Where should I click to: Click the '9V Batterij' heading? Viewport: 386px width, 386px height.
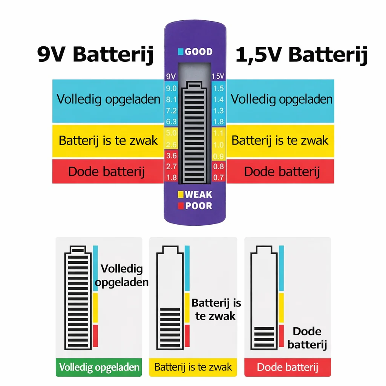[x=95, y=55]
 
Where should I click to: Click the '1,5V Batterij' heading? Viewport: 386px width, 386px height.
[x=302, y=55]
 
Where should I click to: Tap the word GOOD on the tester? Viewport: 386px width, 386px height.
[x=199, y=52]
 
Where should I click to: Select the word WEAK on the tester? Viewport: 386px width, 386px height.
[x=198, y=195]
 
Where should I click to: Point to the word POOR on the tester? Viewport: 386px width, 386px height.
[x=199, y=206]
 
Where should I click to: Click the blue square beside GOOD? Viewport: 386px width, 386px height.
[x=181, y=52]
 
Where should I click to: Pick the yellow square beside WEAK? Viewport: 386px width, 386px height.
[x=181, y=195]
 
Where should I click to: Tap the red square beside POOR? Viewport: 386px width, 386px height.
[x=181, y=206]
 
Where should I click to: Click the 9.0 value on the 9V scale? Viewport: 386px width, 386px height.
[x=172, y=88]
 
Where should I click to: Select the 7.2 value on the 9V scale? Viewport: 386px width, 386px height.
[x=172, y=110]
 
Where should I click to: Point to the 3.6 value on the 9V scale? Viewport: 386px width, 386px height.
[x=172, y=156]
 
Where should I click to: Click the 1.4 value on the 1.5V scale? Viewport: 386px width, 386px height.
[x=218, y=100]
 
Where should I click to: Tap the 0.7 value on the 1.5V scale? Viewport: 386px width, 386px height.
[x=218, y=177]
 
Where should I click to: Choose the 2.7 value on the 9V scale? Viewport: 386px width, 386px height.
[x=172, y=166]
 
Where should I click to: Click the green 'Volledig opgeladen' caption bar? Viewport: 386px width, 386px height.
[x=99, y=367]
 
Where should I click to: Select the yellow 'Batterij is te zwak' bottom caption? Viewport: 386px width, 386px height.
[x=193, y=367]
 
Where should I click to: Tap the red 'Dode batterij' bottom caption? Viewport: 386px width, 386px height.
[x=288, y=367]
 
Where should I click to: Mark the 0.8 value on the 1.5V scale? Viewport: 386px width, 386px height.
[x=218, y=166]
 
